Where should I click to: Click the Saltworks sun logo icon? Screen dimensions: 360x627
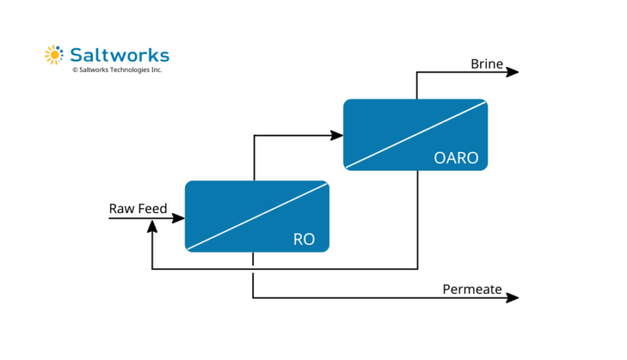53,55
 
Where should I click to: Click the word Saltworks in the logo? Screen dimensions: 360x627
118,55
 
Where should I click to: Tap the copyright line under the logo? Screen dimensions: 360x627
117,70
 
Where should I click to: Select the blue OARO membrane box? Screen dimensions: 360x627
392,122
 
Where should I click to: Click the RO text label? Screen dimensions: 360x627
304,240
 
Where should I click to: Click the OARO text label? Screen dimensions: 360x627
456,158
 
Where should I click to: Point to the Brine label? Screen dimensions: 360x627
487,64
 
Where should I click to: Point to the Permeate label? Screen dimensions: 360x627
472,289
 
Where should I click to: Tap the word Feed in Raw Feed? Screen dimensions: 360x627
152,209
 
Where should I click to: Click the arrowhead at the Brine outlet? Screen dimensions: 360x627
513,72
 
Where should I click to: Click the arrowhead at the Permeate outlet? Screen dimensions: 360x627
513,298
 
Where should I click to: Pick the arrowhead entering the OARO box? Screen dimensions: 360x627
337,136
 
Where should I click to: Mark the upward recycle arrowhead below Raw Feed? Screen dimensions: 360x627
152,228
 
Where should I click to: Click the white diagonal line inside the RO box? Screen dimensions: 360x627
257,216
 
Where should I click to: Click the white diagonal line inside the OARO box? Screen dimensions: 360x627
416,135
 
